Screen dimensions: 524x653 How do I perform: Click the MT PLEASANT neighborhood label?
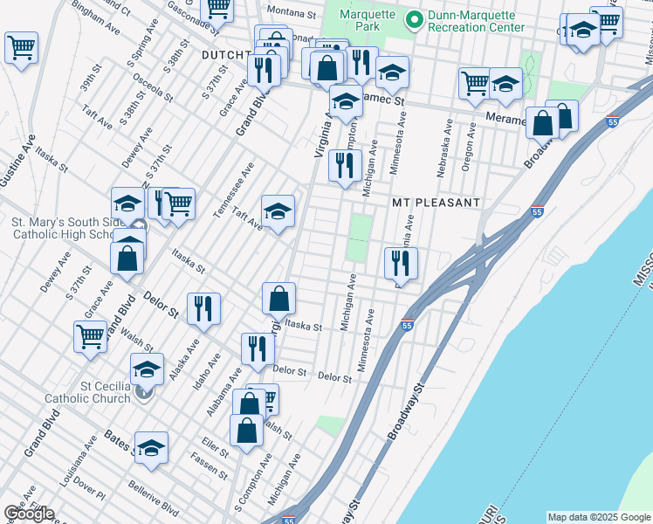[436, 203]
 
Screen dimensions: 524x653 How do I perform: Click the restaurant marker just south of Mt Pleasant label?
[401, 260]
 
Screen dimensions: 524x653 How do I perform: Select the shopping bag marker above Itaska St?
[278, 297]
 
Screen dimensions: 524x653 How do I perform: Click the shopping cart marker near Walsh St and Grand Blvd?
[91, 335]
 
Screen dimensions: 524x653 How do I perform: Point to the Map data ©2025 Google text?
[598, 517]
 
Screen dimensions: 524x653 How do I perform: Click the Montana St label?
[291, 14]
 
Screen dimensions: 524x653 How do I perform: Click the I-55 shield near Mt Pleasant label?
[537, 212]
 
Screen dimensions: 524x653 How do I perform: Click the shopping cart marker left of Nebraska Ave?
[475, 83]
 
